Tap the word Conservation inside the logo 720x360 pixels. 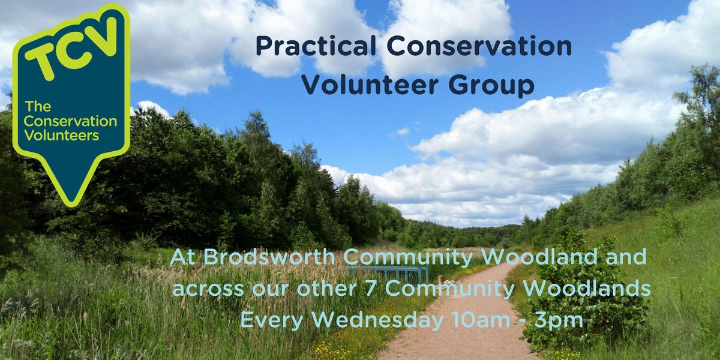(x=70, y=121)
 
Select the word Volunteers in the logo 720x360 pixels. (x=61, y=136)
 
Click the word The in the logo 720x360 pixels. (x=38, y=106)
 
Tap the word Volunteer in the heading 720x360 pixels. (x=370, y=85)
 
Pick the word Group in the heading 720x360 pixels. (x=491, y=86)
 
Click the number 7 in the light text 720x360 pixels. (x=371, y=289)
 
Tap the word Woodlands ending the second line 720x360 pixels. (x=587, y=289)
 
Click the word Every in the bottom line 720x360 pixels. (x=272, y=320)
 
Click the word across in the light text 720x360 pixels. (x=208, y=289)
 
